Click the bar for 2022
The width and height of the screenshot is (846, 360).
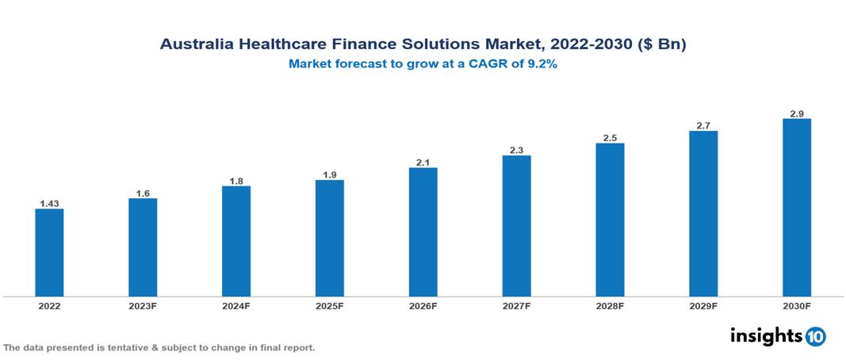(x=49, y=252)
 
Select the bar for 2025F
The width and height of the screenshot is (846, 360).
(x=329, y=238)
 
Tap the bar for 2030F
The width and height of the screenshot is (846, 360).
(x=796, y=208)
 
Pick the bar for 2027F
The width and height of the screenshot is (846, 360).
(x=516, y=226)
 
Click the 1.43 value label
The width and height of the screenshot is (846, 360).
(x=49, y=203)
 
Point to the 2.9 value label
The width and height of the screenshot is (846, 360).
(x=796, y=113)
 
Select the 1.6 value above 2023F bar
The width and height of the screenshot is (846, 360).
(x=143, y=193)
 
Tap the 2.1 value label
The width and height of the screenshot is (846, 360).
(x=423, y=163)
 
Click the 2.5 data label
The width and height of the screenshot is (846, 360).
(x=610, y=138)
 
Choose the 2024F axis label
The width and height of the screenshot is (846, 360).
(x=236, y=305)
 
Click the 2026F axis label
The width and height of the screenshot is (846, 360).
(x=423, y=305)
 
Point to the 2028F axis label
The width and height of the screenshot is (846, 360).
(x=610, y=305)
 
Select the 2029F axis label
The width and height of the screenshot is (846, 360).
(x=703, y=305)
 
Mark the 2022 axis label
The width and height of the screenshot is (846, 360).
(x=49, y=305)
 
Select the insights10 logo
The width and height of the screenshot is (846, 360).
(x=777, y=336)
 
